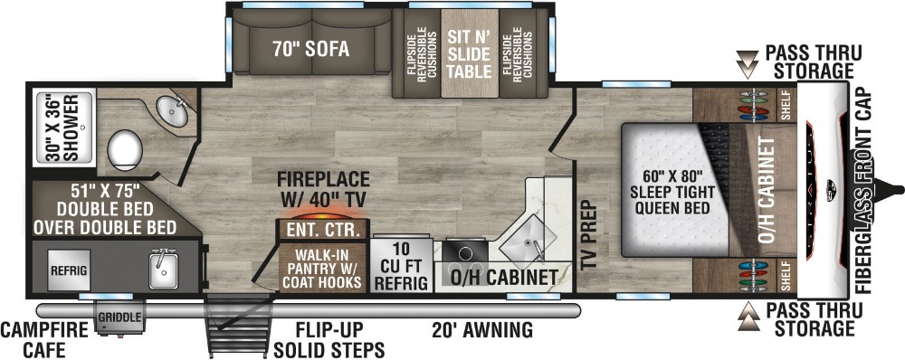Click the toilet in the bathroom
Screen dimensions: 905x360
point(125,150)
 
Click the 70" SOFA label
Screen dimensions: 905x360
point(311,50)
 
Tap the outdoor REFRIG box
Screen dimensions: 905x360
point(69,270)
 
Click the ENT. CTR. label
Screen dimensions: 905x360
point(324,231)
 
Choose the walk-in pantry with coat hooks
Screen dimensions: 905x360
point(323,268)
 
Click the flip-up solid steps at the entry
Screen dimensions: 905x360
point(237,326)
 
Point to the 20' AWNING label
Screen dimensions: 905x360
point(482,330)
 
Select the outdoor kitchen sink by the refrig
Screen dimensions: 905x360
point(163,270)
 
